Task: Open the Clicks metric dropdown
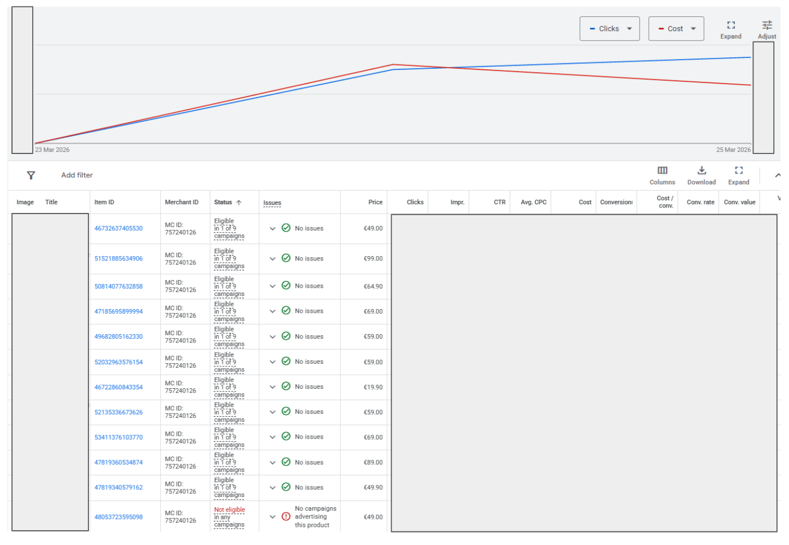(x=609, y=28)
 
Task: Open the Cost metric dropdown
(x=676, y=28)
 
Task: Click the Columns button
(x=662, y=175)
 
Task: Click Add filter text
(x=77, y=175)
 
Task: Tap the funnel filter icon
(x=31, y=175)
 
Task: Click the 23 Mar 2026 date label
(x=52, y=150)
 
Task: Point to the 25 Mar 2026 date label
(x=733, y=150)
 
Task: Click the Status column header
(x=223, y=202)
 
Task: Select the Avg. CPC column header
(x=533, y=202)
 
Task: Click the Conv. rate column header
(x=700, y=202)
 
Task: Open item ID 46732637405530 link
(x=118, y=229)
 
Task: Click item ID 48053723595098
(x=118, y=517)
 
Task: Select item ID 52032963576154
(x=118, y=362)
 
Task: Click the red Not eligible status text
(x=229, y=510)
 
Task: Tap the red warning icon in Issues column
(x=286, y=517)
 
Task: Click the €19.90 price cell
(x=373, y=387)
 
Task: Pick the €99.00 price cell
(x=373, y=259)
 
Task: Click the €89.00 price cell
(x=373, y=463)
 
